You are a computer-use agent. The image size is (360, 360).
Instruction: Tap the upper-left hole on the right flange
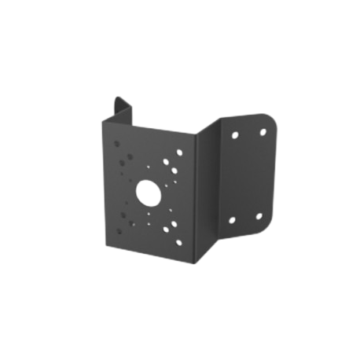[233, 134]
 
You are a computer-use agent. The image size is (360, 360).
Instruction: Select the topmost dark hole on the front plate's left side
[119, 145]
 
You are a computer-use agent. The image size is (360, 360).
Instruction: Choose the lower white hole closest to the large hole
[165, 222]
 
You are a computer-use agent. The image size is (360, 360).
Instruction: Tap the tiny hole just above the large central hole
[149, 167]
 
